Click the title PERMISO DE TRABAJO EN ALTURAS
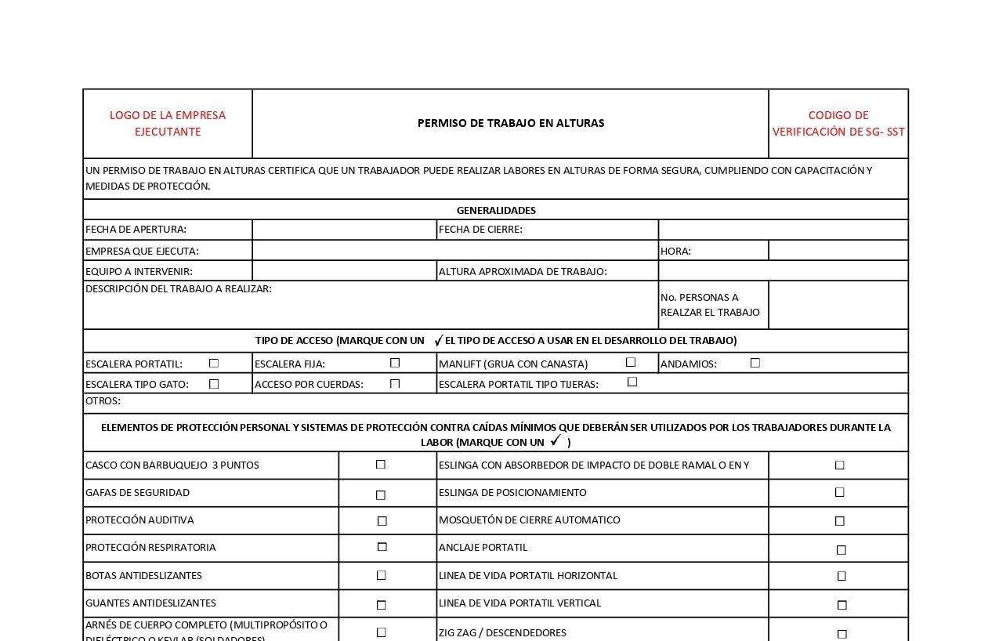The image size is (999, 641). click(511, 123)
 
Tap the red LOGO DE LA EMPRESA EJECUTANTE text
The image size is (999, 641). click(168, 123)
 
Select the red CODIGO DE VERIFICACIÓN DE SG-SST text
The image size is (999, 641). click(838, 123)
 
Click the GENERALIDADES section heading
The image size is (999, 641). click(496, 210)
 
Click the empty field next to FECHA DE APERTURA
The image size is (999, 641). click(344, 230)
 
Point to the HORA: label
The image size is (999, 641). click(675, 251)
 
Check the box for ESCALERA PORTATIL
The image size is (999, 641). click(214, 364)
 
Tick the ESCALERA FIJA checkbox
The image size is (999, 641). click(395, 363)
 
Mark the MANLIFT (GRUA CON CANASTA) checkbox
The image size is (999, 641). click(631, 362)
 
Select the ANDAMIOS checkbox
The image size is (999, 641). click(755, 363)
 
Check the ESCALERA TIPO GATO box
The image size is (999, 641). click(214, 384)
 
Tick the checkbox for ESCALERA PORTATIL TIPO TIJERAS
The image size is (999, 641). click(632, 382)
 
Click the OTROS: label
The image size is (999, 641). click(103, 401)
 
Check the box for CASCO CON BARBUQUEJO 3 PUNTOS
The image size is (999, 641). click(381, 465)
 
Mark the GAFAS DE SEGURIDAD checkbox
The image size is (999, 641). click(381, 495)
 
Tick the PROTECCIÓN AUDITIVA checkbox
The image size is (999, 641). click(382, 521)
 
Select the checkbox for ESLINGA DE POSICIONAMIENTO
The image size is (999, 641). click(840, 493)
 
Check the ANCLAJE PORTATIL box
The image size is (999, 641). click(842, 550)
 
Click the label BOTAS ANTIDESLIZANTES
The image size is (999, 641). click(143, 576)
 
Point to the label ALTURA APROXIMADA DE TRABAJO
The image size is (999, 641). click(523, 271)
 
